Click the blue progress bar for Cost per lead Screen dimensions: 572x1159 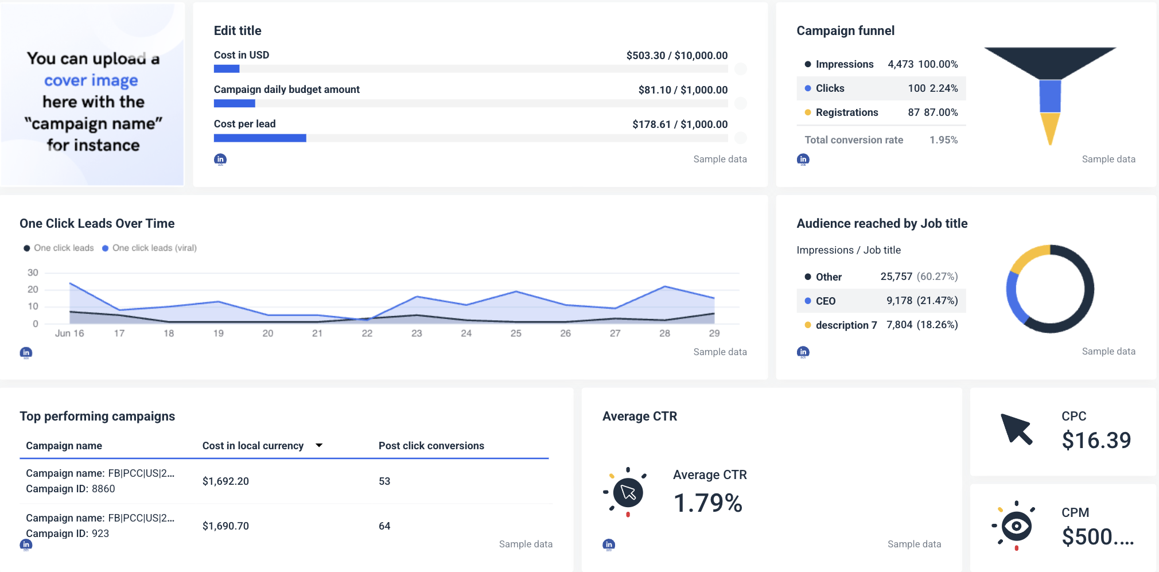tap(260, 138)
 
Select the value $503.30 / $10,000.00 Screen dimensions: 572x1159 tap(676, 56)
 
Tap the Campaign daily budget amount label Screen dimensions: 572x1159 tap(286, 90)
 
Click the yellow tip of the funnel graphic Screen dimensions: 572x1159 tap(1049, 129)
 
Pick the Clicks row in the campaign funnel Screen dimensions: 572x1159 tap(881, 88)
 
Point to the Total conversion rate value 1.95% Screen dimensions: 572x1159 tap(943, 140)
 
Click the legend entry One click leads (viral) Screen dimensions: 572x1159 tap(154, 248)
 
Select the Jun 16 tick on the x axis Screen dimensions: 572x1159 tap(69, 333)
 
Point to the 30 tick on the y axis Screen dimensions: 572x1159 tap(33, 273)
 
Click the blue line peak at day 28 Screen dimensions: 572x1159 tap(664, 286)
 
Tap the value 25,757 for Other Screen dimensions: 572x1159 tap(896, 277)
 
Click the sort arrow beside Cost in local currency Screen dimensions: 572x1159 tap(319, 445)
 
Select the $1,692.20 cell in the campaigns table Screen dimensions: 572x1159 tap(225, 481)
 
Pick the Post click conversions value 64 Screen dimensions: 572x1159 tap(384, 526)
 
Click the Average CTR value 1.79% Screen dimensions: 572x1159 tap(707, 503)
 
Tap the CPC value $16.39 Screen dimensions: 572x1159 tap(1095, 441)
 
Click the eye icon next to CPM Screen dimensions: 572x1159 tap(1016, 526)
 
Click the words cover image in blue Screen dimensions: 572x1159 tap(91, 80)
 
